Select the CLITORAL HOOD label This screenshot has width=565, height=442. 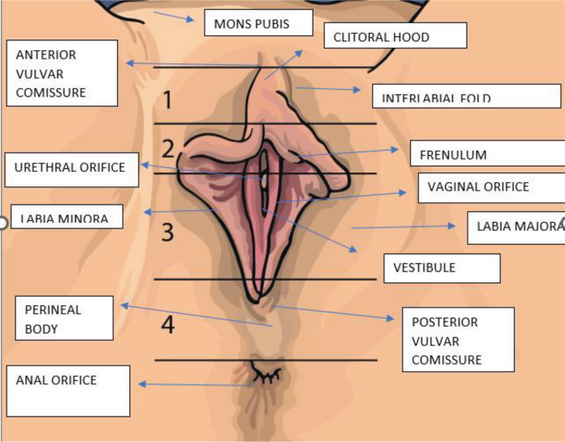point(393,37)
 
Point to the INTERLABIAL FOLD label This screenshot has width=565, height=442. point(466,96)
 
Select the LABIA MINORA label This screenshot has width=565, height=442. point(66,217)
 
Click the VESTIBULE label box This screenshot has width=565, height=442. point(441,268)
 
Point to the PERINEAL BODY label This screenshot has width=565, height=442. point(64,318)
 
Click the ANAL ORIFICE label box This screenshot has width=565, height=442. point(68,390)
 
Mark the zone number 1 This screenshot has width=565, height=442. point(167,101)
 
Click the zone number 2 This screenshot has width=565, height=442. point(167,148)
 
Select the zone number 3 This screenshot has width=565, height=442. point(167,233)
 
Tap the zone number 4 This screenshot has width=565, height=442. point(167,326)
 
